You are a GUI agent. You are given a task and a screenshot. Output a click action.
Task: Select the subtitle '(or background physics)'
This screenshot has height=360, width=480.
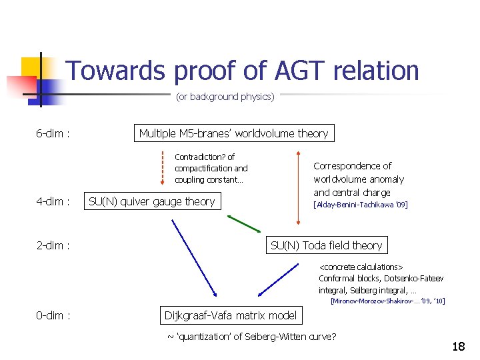coord(225,97)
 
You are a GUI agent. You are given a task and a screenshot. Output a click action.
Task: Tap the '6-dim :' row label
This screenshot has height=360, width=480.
coord(53,133)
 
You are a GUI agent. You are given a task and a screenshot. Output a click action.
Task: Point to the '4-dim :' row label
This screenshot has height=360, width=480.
coord(53,201)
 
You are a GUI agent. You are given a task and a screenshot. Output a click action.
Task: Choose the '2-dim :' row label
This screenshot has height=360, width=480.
coord(53,245)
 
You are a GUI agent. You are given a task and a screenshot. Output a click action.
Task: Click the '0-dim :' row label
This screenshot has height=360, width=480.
coord(53,315)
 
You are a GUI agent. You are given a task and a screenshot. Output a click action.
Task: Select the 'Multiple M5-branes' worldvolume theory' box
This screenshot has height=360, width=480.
coord(233,133)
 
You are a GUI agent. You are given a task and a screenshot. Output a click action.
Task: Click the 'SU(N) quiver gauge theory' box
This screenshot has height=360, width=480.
coord(152,201)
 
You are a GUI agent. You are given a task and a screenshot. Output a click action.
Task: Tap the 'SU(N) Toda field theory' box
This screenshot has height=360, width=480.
coord(326,245)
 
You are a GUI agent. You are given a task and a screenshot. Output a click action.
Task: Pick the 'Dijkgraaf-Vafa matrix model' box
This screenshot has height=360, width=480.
coord(231,315)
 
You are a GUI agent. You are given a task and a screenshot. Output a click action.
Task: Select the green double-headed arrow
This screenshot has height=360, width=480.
coord(244,224)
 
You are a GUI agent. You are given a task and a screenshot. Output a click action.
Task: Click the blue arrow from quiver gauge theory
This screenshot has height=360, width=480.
coord(195,257)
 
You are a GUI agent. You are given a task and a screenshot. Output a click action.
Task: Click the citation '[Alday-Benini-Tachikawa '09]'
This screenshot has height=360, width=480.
coord(360,205)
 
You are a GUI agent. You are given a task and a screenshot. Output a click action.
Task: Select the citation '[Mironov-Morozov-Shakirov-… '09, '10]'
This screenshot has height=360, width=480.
coord(387,301)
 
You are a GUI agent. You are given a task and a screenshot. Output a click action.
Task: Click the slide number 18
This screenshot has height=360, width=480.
coord(458,347)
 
